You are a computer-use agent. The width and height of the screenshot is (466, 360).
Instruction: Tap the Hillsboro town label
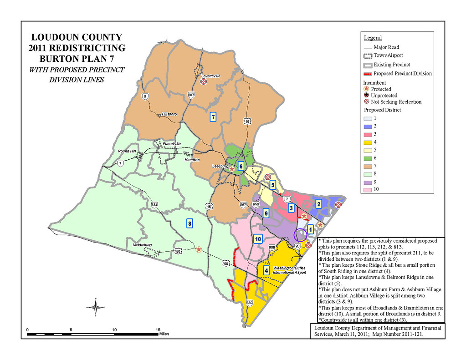(169, 114)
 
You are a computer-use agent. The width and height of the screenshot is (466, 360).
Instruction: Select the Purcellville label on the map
(172, 144)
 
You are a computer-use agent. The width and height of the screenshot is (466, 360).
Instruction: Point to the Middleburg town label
(142, 245)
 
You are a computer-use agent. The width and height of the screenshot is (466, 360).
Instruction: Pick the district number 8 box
(190, 223)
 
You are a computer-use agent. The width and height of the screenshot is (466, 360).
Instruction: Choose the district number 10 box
(258, 239)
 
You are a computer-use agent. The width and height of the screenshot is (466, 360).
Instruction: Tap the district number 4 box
(266, 271)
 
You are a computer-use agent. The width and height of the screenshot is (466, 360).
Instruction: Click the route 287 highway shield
(191, 95)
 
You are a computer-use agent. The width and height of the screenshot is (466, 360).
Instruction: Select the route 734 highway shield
(154, 205)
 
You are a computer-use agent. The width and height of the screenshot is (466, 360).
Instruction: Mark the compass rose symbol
(96, 308)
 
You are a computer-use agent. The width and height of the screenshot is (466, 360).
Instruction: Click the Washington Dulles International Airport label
(289, 270)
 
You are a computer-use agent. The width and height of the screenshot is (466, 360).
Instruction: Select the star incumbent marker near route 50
(199, 249)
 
